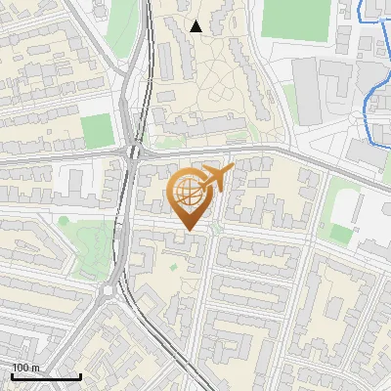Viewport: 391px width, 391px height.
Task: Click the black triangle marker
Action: (196, 26)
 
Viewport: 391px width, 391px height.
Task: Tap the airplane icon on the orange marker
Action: (217, 179)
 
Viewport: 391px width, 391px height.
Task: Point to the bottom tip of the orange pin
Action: (187, 230)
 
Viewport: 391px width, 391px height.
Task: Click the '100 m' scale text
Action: (25, 368)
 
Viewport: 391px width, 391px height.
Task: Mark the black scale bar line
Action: (46, 376)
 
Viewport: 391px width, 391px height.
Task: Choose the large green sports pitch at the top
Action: (295, 19)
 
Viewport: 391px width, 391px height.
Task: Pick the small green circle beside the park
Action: (64, 221)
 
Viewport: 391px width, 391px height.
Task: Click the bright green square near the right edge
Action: (340, 234)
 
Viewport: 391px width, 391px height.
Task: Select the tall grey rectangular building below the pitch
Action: (306, 90)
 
